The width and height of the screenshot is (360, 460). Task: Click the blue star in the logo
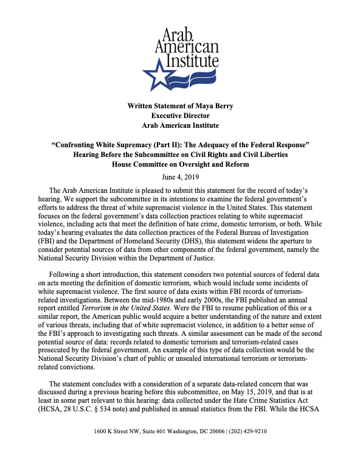tap(156, 76)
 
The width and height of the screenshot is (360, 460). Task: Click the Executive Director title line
tap(180, 116)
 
